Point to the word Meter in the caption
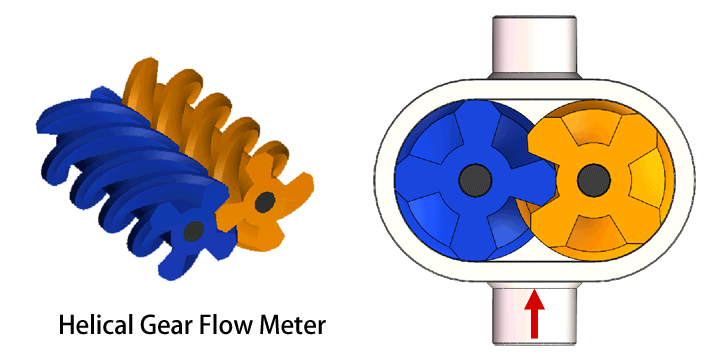click(294, 325)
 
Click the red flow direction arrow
click(535, 313)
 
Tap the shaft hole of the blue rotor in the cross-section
click(475, 180)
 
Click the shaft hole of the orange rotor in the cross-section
click(593, 180)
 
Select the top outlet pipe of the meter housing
click(534, 46)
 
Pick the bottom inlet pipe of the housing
click(534, 314)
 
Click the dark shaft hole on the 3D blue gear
click(194, 231)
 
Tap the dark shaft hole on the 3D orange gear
click(265, 202)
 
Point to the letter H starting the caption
click(67, 325)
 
